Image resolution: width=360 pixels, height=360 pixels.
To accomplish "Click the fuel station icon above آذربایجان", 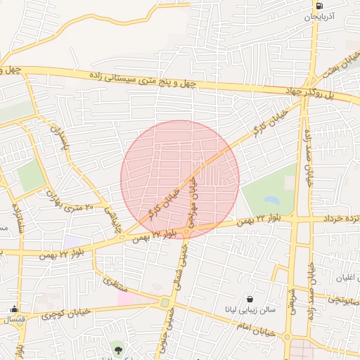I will tap(321, 5).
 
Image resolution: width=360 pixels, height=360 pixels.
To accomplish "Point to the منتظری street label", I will tap(113, 285).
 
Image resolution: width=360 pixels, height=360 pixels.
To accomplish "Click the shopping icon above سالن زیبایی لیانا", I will tap(250, 299).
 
